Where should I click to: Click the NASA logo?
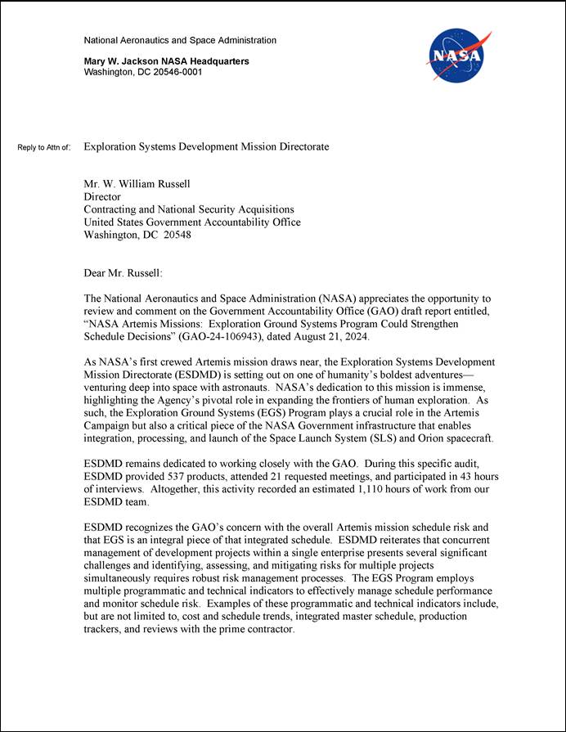[x=457, y=56]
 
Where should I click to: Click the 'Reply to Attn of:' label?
[x=44, y=148]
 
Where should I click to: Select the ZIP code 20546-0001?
[x=175, y=72]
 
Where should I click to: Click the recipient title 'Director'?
[x=102, y=197]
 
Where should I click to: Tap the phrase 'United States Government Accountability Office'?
[x=192, y=222]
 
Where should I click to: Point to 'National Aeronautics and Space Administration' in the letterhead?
[x=180, y=40]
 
